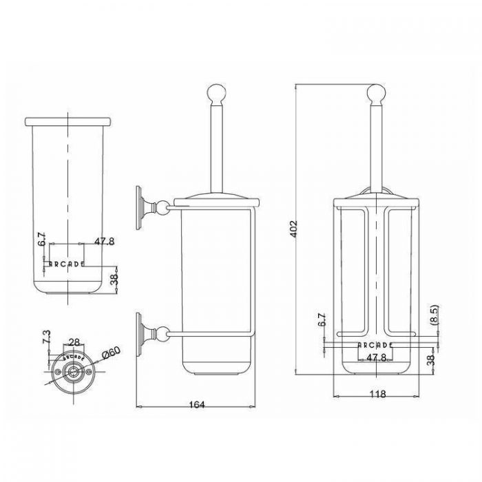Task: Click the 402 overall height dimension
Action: pos(294,229)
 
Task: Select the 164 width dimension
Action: pos(197,405)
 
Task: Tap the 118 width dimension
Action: pos(377,394)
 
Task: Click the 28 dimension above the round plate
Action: pos(74,342)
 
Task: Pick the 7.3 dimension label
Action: pos(46,337)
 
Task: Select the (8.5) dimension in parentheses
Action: pos(434,315)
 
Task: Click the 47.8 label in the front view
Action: pos(376,357)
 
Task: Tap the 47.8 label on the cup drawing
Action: pos(104,241)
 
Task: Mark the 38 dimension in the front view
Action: pos(431,359)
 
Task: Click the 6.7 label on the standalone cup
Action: pos(42,239)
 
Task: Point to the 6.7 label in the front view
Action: pos(322,319)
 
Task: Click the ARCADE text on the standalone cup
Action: pos(67,264)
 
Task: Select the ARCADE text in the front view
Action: pos(375,345)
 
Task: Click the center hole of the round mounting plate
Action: pos(73,372)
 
